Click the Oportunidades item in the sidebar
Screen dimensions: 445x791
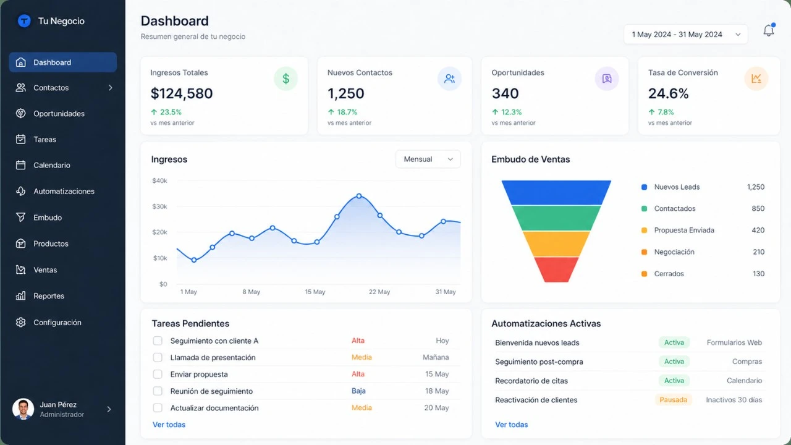pos(59,114)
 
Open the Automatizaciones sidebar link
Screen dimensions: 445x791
pos(63,192)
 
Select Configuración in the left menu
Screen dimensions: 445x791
pos(57,323)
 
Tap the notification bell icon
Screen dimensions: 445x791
pos(768,31)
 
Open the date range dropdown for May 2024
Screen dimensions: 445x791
pos(685,35)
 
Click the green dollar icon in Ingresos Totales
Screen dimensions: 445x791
pos(286,79)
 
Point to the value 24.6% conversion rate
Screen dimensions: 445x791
pos(668,94)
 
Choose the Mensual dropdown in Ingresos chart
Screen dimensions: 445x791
pos(428,159)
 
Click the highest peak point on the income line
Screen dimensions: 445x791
pos(359,196)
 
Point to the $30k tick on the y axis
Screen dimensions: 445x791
pos(159,206)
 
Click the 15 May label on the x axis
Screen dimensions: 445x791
pos(315,292)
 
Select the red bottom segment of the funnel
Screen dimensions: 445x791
pos(556,269)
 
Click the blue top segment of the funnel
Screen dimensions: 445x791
pos(556,192)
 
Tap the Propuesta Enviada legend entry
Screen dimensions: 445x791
pos(683,231)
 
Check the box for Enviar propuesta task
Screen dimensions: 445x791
pos(158,375)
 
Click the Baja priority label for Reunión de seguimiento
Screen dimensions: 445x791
pos(358,391)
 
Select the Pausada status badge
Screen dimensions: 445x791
pos(673,400)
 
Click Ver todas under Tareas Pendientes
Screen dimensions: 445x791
pos(169,425)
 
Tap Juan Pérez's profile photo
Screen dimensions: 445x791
pos(23,409)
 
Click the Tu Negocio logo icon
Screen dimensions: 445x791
pos(24,21)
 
